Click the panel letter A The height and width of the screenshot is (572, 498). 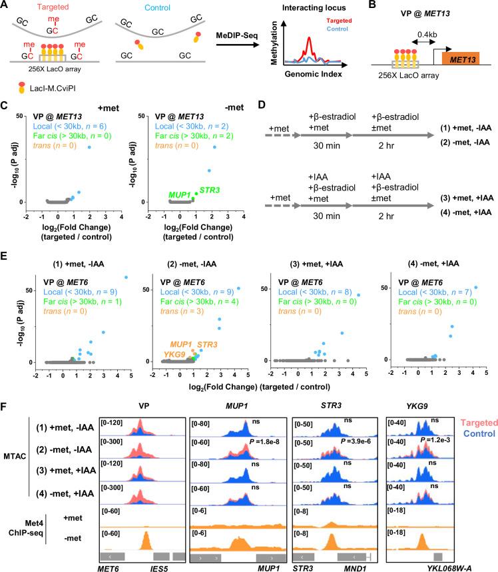[5, 6]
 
